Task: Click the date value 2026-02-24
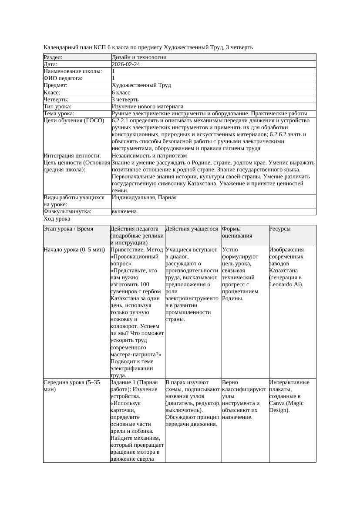point(126,64)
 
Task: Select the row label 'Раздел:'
point(53,57)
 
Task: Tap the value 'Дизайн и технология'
point(139,57)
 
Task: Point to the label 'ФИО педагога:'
point(63,78)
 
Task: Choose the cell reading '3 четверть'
point(125,99)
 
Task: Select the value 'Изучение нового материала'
point(148,106)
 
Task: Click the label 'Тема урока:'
point(59,113)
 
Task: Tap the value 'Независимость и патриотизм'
point(149,155)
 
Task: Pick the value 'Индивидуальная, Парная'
point(144,198)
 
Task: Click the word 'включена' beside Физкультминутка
point(124,211)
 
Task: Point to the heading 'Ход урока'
point(57,219)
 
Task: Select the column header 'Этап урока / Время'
point(68,229)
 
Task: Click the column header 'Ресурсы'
point(280,229)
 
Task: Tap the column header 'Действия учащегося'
point(192,229)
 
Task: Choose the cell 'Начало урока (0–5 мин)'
point(74,250)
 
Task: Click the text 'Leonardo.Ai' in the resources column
point(286,285)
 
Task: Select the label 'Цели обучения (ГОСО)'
point(74,121)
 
